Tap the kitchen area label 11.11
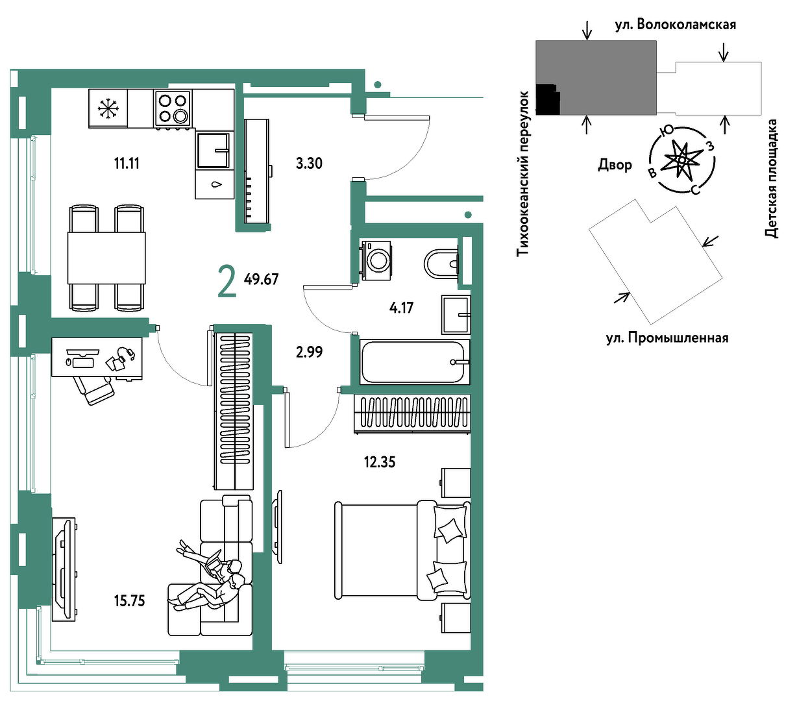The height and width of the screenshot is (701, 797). click(127, 163)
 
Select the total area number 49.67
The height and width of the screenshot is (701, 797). click(261, 279)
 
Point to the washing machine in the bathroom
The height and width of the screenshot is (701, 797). click(376, 260)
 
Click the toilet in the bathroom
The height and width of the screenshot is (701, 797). click(442, 263)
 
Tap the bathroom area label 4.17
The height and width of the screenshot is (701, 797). click(401, 308)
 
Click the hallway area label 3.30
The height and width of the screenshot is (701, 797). click(309, 163)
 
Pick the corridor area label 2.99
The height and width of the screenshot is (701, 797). click(309, 352)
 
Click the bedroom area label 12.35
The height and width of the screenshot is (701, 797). click(380, 462)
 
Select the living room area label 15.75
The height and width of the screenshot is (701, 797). click(129, 601)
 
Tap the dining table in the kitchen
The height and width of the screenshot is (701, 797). click(106, 258)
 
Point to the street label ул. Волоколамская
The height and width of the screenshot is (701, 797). click(676, 25)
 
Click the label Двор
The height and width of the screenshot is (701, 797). click(615, 164)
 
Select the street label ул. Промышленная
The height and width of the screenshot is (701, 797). click(667, 338)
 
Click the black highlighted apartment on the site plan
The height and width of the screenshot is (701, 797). click(548, 99)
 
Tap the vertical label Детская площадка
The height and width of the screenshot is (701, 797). click(772, 178)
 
